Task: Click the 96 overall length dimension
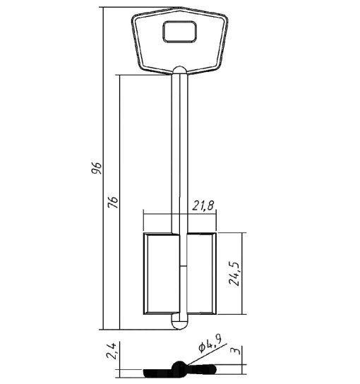tap(96, 168)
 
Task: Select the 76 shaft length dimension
tap(113, 202)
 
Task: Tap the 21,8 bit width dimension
tap(203, 205)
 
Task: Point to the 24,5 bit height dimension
tap(234, 274)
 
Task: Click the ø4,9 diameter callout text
tap(210, 344)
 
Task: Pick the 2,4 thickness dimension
tap(111, 351)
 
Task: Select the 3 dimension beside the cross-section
tap(236, 351)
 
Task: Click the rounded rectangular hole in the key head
tap(180, 32)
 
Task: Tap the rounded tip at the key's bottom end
tap(180, 322)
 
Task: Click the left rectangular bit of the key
tap(162, 273)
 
